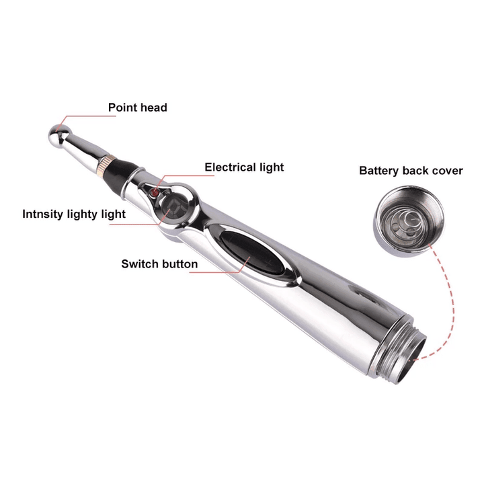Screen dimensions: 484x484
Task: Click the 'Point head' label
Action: (137, 108)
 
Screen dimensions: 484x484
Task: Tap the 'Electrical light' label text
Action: (244, 167)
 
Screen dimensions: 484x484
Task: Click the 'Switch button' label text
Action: (159, 264)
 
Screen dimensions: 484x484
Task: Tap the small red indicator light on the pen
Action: (154, 193)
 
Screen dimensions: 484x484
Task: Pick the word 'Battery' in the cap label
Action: (379, 171)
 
